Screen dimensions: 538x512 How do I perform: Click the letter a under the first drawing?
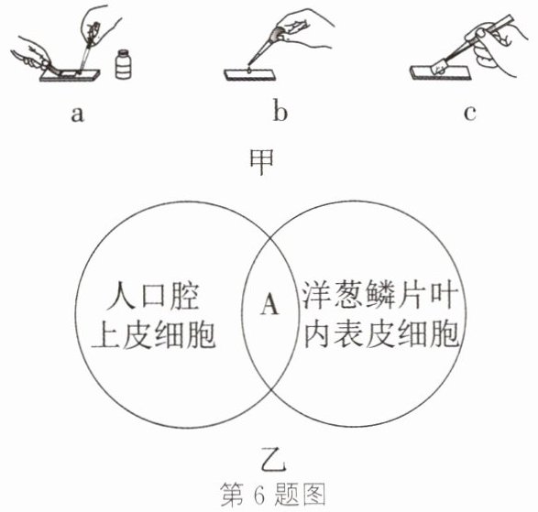pyautogui.click(x=77, y=114)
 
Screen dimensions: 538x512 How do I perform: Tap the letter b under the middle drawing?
pyautogui.click(x=280, y=112)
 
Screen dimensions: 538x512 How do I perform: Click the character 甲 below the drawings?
pyautogui.click(x=261, y=162)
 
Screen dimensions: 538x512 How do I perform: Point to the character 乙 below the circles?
pyautogui.click(x=273, y=459)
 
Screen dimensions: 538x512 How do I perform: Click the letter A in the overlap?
pyautogui.click(x=269, y=304)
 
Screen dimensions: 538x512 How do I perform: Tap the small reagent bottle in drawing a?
pyautogui.click(x=123, y=64)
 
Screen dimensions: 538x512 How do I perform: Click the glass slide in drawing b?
pyautogui.click(x=250, y=75)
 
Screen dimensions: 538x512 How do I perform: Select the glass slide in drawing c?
pyautogui.click(x=440, y=72)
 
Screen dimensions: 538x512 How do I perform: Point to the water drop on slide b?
pyautogui.click(x=249, y=71)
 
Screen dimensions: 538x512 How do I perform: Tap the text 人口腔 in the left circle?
pyautogui.click(x=152, y=296)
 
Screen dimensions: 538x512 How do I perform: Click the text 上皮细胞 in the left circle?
pyautogui.click(x=153, y=334)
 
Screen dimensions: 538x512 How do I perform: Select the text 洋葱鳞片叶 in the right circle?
pyautogui.click(x=380, y=295)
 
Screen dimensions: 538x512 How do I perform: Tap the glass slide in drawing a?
pyautogui.click(x=70, y=75)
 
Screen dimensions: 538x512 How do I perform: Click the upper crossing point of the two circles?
pyautogui.click(x=269, y=237)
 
